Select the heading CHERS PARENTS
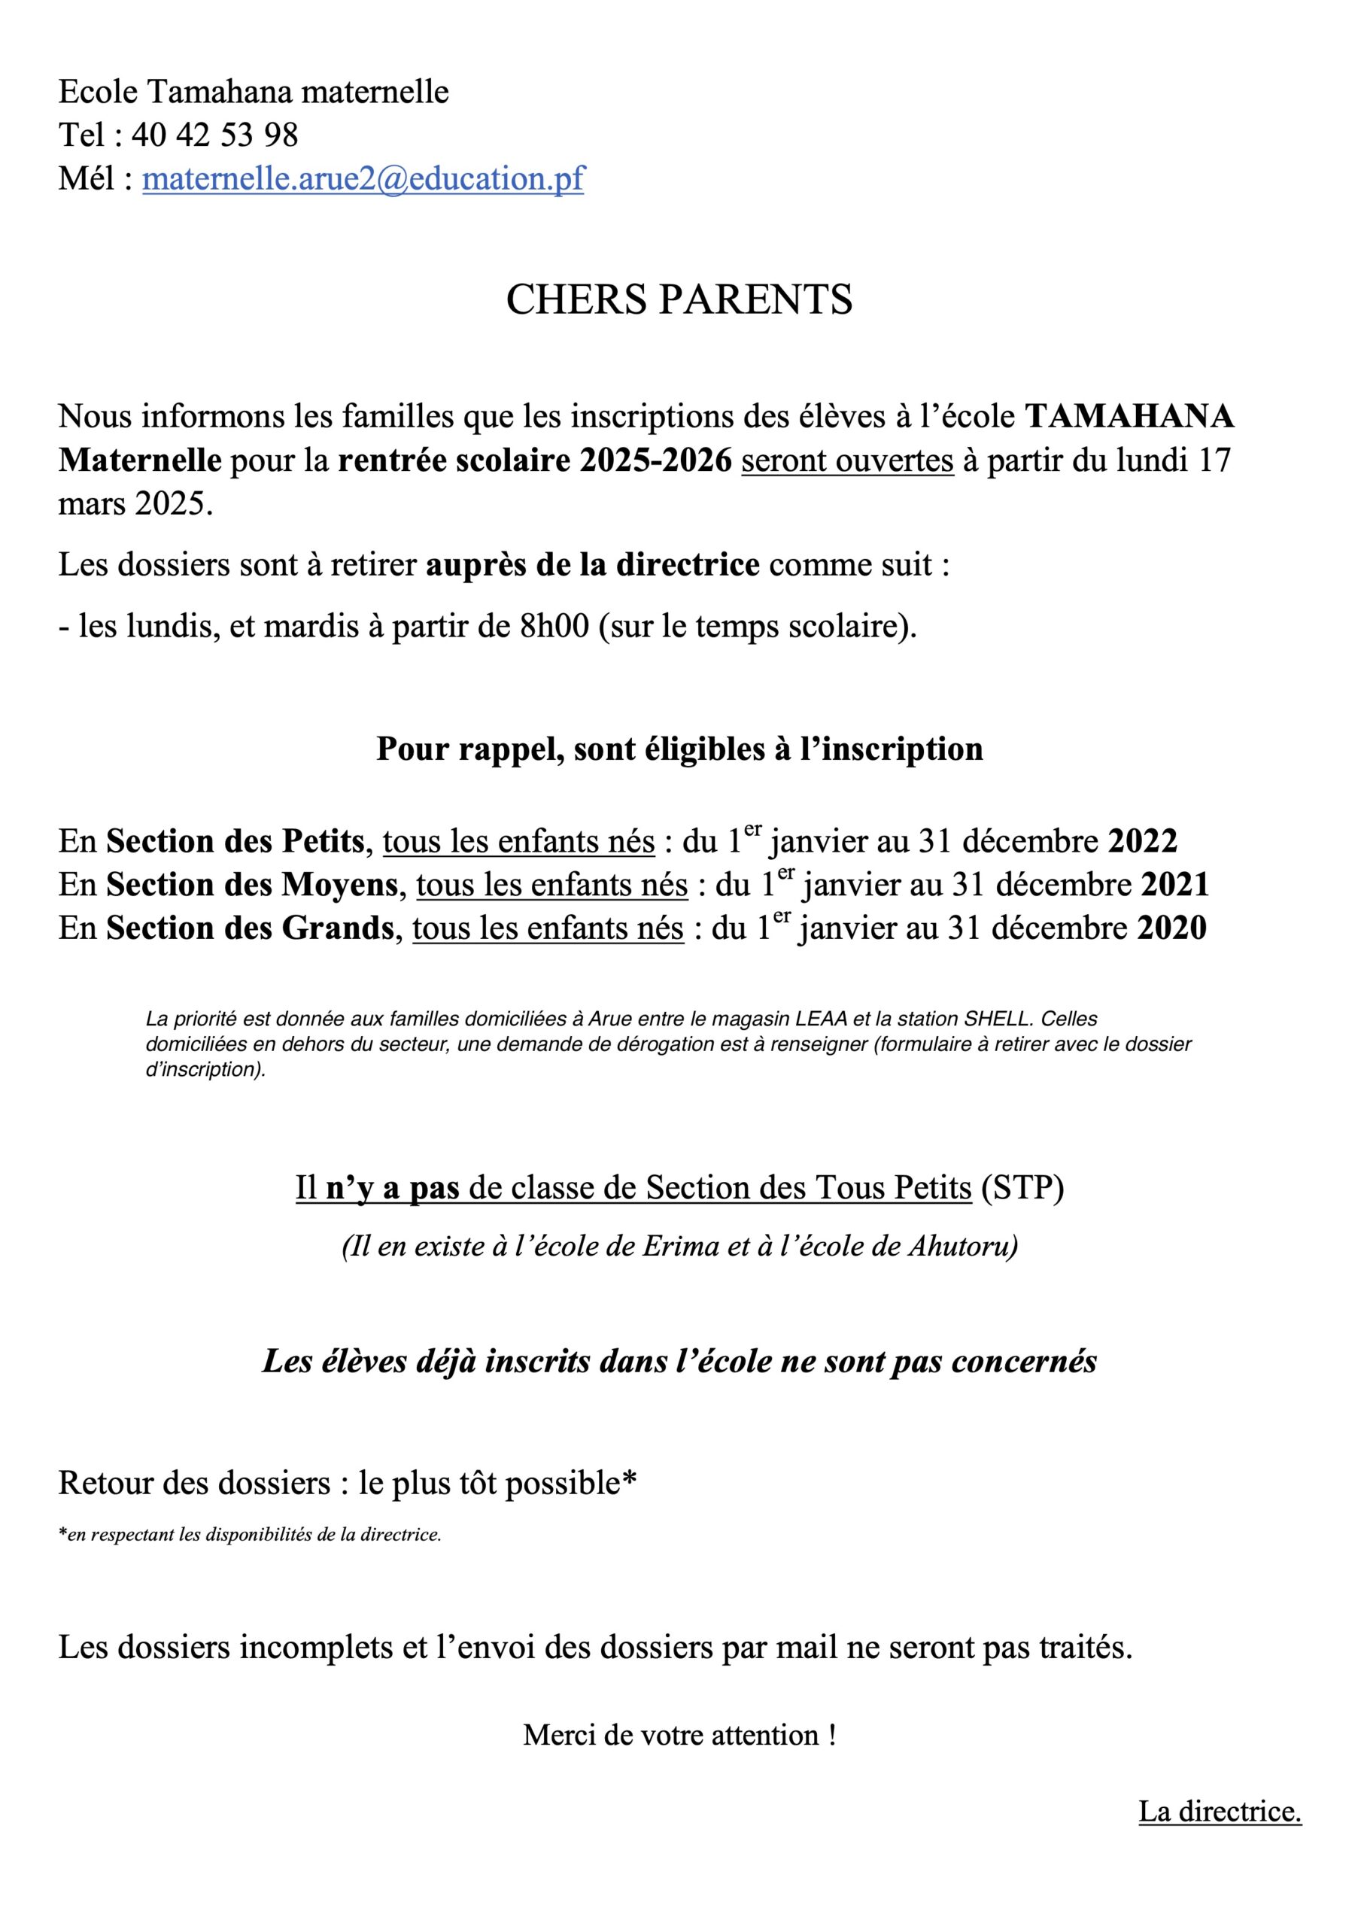point(679,299)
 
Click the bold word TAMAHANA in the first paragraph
point(1130,416)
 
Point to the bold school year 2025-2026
point(655,460)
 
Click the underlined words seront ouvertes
point(847,460)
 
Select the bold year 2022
point(1143,841)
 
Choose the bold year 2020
point(1171,928)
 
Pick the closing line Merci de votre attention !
point(679,1735)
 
